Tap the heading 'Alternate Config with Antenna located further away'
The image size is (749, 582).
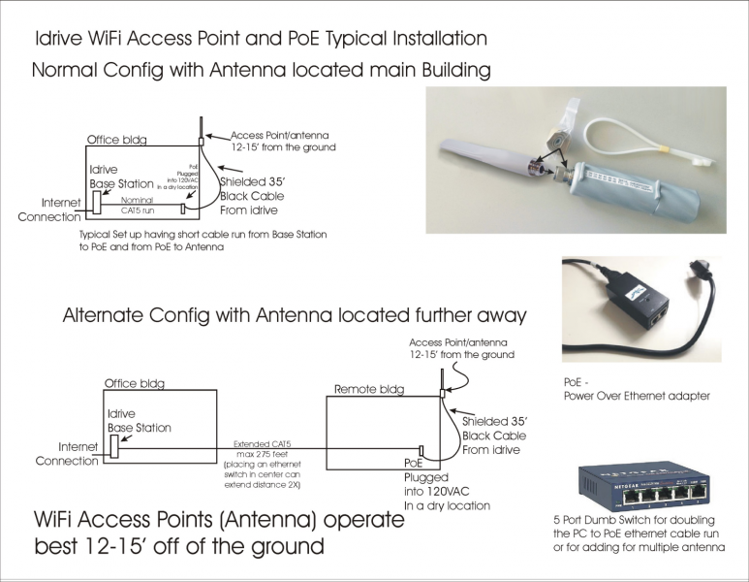(x=294, y=315)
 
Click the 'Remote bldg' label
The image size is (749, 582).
(x=367, y=389)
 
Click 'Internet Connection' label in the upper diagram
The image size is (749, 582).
(x=47, y=210)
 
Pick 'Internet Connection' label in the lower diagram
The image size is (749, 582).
(x=65, y=454)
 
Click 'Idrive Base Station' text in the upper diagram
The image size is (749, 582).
(x=121, y=176)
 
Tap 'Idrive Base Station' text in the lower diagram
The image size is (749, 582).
(x=139, y=420)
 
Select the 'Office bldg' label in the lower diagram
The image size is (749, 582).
(x=134, y=384)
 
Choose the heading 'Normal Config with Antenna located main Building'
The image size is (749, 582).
(x=261, y=71)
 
